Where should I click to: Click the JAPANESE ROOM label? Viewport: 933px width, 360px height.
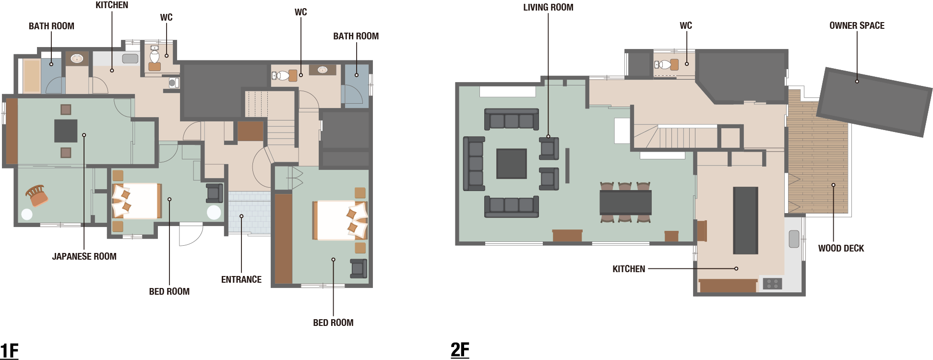pyautogui.click(x=84, y=256)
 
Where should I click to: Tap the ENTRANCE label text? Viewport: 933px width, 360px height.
pyautogui.click(x=241, y=279)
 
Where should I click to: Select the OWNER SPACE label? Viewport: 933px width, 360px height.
pyautogui.click(x=857, y=25)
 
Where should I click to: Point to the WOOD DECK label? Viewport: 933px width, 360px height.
pyautogui.click(x=841, y=248)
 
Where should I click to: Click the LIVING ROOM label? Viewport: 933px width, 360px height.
pyautogui.click(x=548, y=7)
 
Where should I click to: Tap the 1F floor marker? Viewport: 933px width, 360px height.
pyautogui.click(x=9, y=351)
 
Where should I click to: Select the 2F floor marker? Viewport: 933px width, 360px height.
pyautogui.click(x=460, y=349)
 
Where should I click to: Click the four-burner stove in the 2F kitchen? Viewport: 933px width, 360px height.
pyautogui.click(x=772, y=284)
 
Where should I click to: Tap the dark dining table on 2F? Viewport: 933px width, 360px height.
pyautogui.click(x=625, y=202)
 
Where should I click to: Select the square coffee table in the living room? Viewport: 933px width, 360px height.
pyautogui.click(x=512, y=164)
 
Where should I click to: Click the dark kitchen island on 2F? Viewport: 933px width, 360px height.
pyautogui.click(x=745, y=220)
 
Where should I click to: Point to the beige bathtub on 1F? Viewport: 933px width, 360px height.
pyautogui.click(x=32, y=75)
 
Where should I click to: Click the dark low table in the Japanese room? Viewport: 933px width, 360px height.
pyautogui.click(x=66, y=131)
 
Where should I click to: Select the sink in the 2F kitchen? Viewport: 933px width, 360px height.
pyautogui.click(x=794, y=239)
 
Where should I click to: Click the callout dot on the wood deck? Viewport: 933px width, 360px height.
pyautogui.click(x=833, y=185)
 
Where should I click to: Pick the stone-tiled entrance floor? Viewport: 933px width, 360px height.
pyautogui.click(x=249, y=213)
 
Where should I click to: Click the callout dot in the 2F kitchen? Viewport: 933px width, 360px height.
pyautogui.click(x=736, y=269)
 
